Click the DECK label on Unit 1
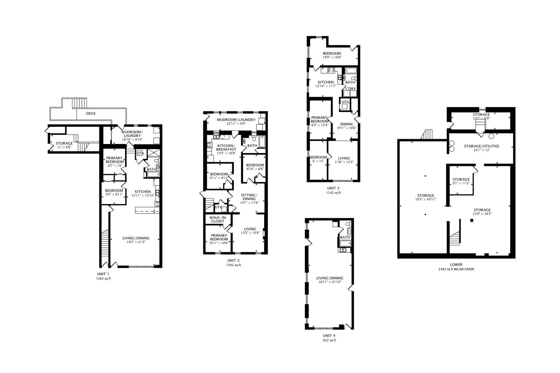[91, 114]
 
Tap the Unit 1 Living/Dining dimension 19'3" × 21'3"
[136, 242]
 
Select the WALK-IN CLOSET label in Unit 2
[218, 219]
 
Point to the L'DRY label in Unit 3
[351, 89]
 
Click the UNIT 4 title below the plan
[329, 336]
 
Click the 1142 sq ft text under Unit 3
[333, 193]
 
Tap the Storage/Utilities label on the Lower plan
[482, 146]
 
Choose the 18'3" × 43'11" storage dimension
[426, 199]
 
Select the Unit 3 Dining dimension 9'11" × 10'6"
[347, 128]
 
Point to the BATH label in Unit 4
[345, 237]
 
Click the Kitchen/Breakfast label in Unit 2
[226, 147]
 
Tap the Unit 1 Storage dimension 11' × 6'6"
[64, 147]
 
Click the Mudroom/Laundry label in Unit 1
[132, 134]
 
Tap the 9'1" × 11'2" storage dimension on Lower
[461, 183]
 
